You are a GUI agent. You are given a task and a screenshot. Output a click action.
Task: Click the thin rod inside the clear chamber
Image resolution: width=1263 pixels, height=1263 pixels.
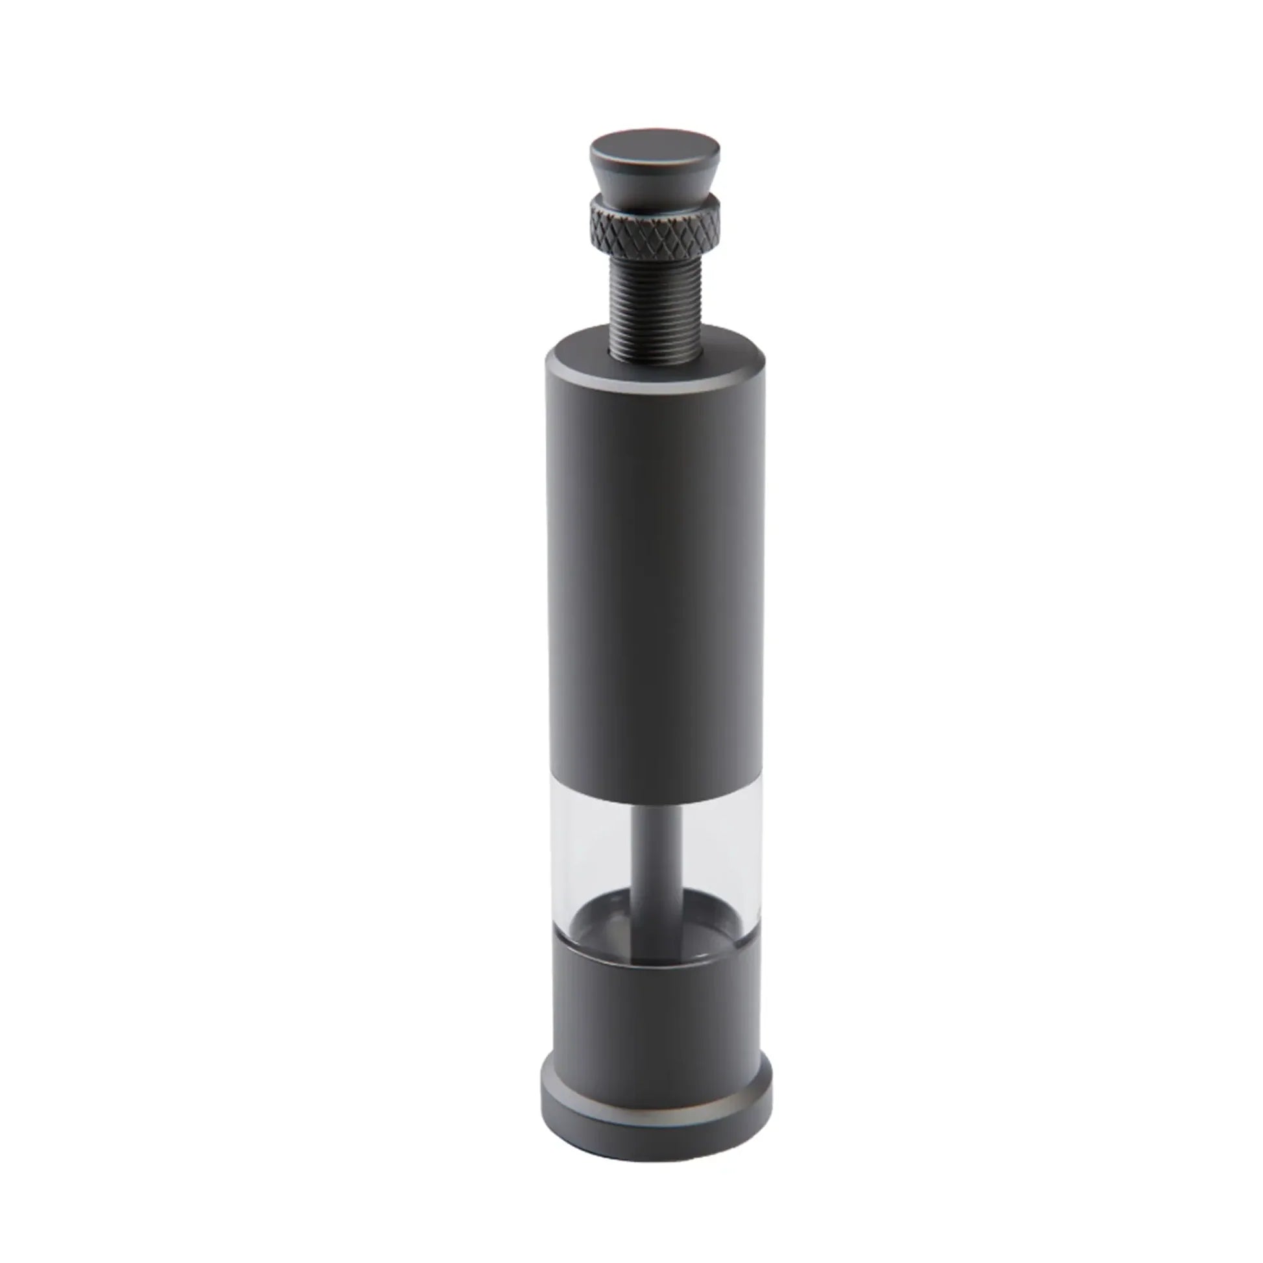(657, 863)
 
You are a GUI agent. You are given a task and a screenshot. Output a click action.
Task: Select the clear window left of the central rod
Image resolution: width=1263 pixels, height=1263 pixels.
(592, 856)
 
